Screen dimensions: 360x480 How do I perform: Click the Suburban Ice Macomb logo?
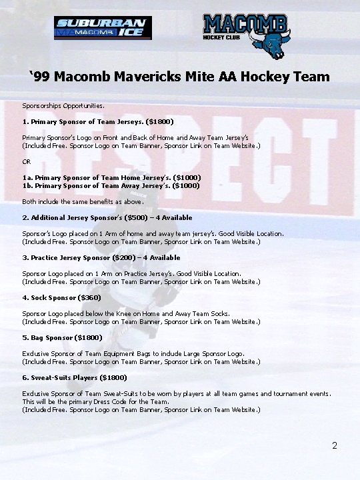pos(103,28)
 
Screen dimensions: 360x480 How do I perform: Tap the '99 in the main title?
pos(40,77)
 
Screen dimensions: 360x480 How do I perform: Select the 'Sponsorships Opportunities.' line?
pos(63,106)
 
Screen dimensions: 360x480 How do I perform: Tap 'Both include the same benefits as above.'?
pos(83,201)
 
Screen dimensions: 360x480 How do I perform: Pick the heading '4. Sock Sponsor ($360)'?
pos(61,298)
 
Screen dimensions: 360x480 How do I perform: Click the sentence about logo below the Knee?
pos(126,314)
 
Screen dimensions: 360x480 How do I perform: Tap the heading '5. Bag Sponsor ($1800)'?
pos(62,338)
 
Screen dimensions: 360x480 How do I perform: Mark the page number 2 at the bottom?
pos(335,445)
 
